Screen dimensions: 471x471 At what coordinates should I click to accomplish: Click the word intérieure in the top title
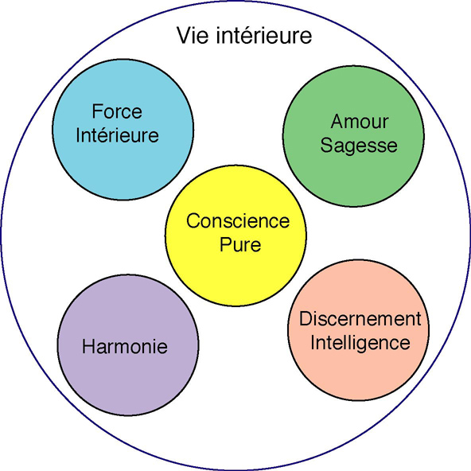[264, 36]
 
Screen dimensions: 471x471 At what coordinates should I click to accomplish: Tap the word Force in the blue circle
[117, 111]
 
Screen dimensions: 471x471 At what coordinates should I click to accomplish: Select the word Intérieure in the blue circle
[117, 135]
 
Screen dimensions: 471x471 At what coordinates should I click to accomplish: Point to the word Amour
[360, 122]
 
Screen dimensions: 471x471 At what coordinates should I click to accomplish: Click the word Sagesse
[359, 146]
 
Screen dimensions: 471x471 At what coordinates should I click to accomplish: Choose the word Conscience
[238, 221]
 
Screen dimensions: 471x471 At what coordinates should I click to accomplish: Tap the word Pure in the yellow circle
[240, 245]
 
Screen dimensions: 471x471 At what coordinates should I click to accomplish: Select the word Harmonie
[125, 346]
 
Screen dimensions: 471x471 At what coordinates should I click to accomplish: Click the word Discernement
[360, 318]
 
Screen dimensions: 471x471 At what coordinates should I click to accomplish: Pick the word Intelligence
[360, 344]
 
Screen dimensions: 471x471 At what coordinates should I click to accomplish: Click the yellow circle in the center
[235, 271]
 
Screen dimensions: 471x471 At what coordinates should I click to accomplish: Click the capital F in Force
[97, 111]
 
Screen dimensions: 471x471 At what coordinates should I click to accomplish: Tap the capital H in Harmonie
[88, 346]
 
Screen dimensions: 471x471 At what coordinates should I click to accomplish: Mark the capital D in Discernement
[306, 318]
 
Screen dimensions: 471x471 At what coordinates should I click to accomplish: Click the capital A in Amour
[338, 122]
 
